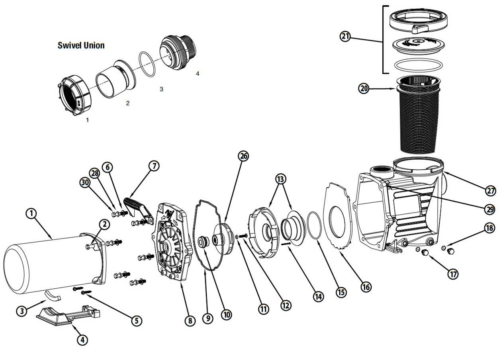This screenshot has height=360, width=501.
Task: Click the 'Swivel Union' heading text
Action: tap(81, 45)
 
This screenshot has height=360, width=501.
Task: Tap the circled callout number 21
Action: tap(345, 36)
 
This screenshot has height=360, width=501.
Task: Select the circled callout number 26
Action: tap(243, 156)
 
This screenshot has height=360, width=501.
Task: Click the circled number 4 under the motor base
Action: tap(82, 340)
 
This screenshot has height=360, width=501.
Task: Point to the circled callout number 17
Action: tap(453, 274)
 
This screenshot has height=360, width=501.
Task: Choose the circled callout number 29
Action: tap(490, 209)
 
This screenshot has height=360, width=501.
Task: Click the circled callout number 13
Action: tap(281, 179)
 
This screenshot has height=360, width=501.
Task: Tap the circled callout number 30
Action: tap(85, 182)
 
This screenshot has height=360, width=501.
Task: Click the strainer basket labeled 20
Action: tap(418, 114)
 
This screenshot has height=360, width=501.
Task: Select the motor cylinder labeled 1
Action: tap(54, 265)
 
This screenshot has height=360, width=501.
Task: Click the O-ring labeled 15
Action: tap(315, 225)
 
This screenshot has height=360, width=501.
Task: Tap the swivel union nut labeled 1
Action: tap(74, 95)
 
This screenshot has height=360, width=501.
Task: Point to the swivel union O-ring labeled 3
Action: tap(147, 64)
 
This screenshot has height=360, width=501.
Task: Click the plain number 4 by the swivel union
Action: tap(197, 73)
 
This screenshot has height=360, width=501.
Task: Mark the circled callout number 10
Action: tap(227, 315)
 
